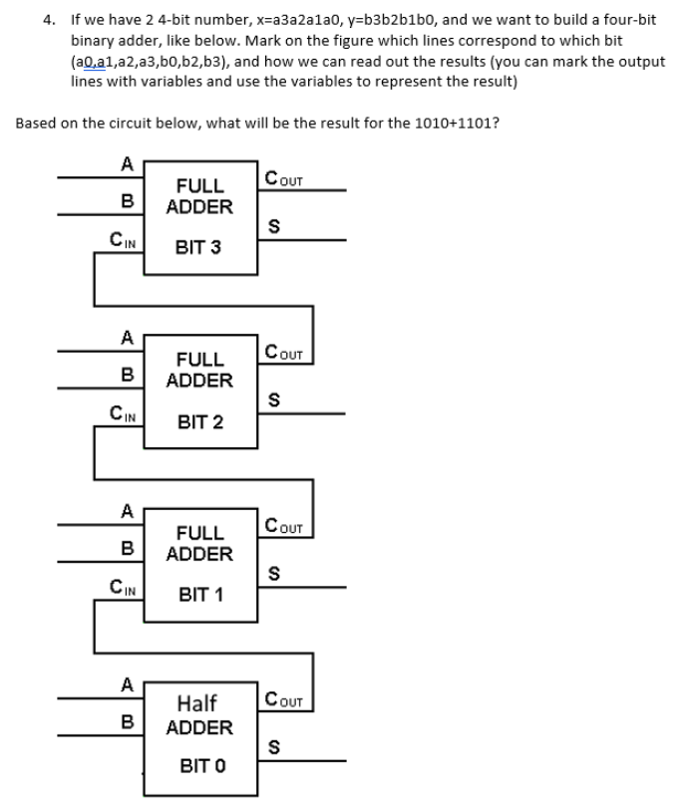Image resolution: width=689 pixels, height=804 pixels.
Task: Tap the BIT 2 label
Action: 199,421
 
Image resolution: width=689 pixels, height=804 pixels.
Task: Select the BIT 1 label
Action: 199,595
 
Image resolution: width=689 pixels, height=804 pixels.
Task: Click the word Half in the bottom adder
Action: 197,703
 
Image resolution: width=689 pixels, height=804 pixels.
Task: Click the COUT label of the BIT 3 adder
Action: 285,179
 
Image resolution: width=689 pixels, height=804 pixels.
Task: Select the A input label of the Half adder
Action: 127,684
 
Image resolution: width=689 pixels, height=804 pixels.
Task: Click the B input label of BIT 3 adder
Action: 127,199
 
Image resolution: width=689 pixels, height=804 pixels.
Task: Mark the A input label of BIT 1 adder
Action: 127,511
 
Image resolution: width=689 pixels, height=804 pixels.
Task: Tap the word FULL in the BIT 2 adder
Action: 199,359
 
